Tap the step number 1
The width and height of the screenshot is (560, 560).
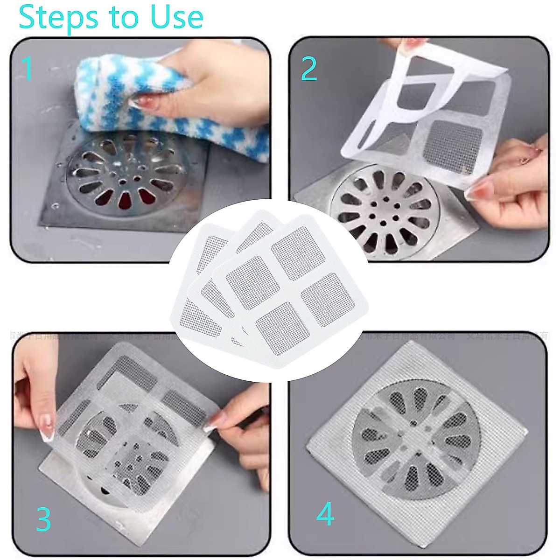27,68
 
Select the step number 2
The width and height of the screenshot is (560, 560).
309,68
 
